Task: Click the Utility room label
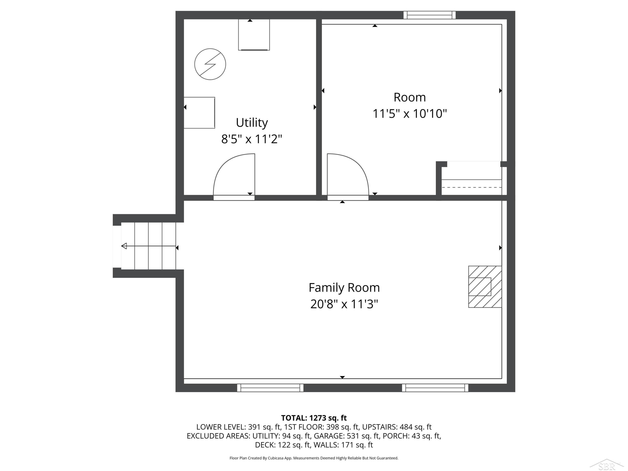(252, 123)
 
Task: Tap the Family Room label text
(344, 288)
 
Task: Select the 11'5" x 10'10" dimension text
(409, 114)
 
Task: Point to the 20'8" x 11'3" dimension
(344, 304)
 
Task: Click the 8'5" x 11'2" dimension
(252, 139)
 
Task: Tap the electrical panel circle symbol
(210, 64)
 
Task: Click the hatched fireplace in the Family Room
(485, 287)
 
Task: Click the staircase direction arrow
(148, 246)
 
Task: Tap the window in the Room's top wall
(430, 15)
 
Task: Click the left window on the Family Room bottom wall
(270, 388)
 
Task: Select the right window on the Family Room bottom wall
(435, 388)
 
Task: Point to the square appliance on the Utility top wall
(254, 35)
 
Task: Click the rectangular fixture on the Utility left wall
(199, 113)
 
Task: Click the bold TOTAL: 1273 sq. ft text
(314, 418)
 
